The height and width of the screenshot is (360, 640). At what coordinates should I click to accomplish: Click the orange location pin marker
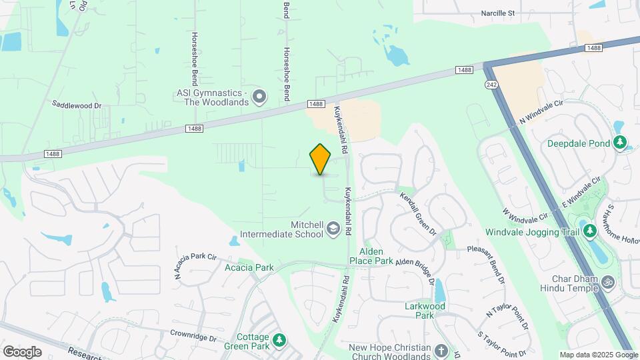[321, 159]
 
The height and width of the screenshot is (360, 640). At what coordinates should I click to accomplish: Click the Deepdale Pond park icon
[620, 142]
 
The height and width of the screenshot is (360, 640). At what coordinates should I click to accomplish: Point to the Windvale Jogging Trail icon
[589, 231]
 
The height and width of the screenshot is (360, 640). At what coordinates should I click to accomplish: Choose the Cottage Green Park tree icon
[281, 340]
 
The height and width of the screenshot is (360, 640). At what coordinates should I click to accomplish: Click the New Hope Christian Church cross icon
[441, 350]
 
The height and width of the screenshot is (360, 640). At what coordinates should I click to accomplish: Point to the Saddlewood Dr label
[77, 105]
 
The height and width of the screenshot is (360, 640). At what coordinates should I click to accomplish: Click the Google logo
[21, 351]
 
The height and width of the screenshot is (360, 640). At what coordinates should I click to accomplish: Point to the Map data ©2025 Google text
[599, 355]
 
